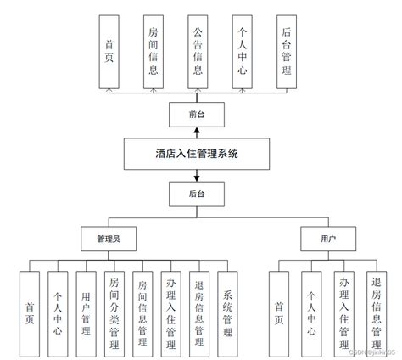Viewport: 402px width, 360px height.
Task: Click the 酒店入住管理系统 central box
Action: point(197,155)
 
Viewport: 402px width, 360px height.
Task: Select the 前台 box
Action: point(197,112)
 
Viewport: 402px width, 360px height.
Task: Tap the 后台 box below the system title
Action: point(197,195)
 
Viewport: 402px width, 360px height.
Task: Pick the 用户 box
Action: point(317,239)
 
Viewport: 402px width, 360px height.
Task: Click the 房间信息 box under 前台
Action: point(153,51)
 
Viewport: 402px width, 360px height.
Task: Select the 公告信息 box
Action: point(197,51)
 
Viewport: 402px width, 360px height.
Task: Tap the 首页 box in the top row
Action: point(109,51)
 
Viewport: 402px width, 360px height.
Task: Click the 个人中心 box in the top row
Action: point(242,51)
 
